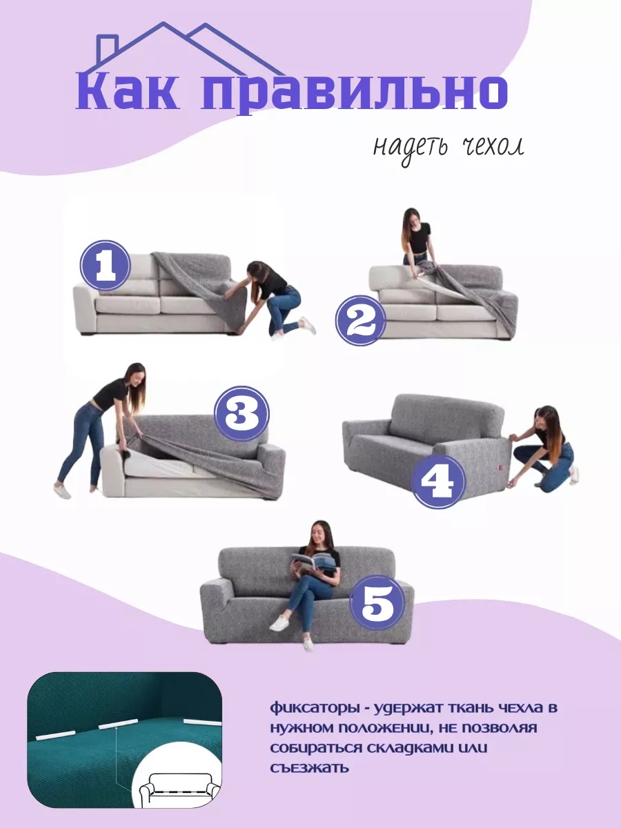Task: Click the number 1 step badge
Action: [x=105, y=266]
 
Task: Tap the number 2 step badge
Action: [x=361, y=319]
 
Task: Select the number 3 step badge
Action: [x=241, y=413]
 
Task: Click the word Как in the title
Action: [x=127, y=91]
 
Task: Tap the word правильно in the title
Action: [x=355, y=94]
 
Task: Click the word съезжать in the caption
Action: [x=309, y=767]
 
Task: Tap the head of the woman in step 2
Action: [x=411, y=219]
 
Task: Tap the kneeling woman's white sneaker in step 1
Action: [x=306, y=325]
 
